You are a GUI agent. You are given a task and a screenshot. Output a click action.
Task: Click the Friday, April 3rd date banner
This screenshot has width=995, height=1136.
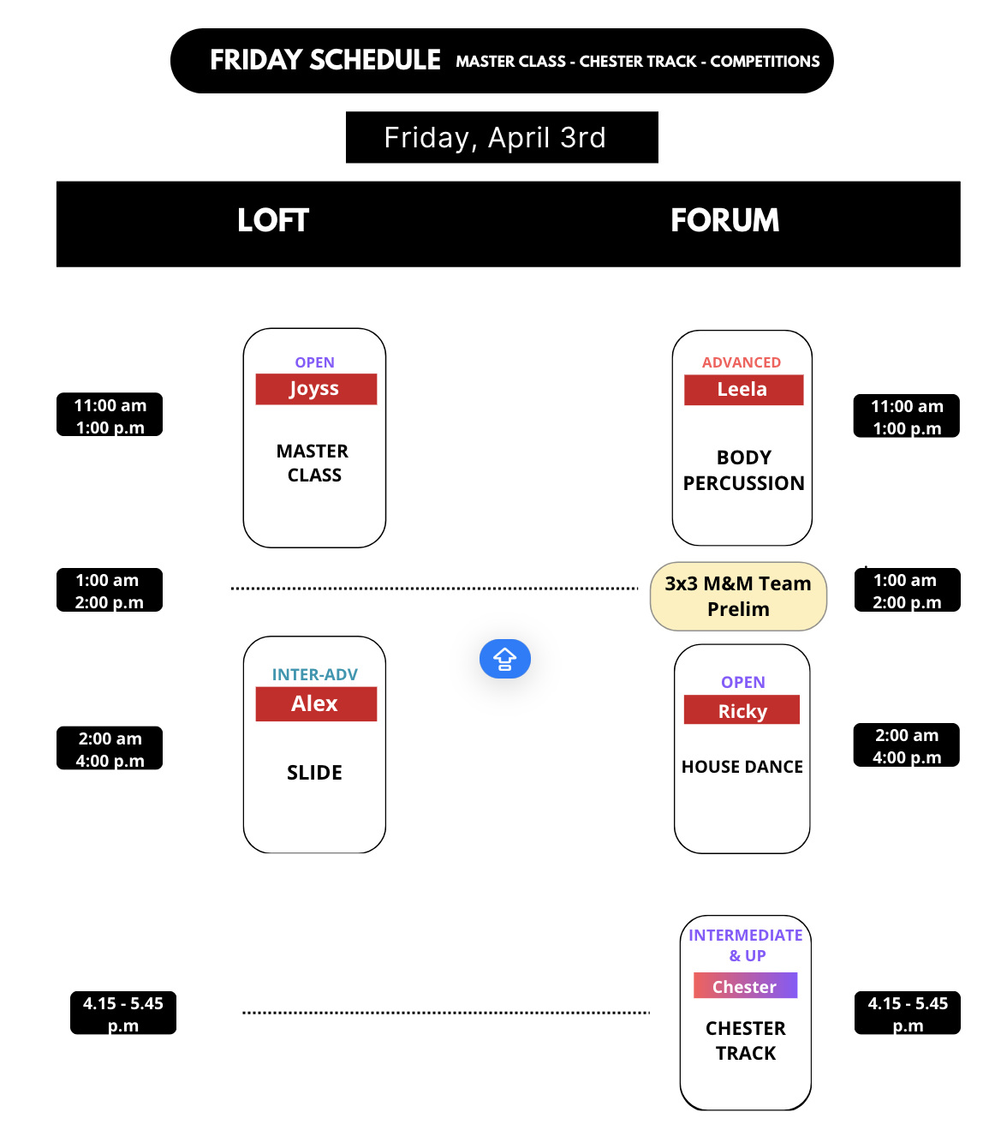pos(502,137)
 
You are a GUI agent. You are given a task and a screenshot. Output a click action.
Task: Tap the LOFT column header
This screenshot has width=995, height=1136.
pos(272,221)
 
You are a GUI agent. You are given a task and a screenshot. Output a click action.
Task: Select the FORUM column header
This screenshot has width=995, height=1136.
pos(724,221)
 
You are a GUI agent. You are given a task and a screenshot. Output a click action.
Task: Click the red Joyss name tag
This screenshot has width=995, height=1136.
pos(315,389)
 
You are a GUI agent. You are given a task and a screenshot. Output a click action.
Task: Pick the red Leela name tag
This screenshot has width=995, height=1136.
pos(742,390)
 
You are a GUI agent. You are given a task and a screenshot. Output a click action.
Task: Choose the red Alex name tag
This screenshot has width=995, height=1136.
pos(315,704)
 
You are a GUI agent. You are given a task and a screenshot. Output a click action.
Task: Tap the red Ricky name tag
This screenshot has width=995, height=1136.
pos(742,711)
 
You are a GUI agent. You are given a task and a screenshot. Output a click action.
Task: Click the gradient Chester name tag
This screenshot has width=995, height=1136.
pos(744,986)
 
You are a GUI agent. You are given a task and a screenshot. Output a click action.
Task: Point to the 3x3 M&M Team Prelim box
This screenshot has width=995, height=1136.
pos(738,596)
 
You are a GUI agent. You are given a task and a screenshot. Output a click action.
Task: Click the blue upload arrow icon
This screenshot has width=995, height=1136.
pos(504,659)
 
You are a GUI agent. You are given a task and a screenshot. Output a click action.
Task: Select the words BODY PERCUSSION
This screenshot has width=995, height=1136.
pos(743,470)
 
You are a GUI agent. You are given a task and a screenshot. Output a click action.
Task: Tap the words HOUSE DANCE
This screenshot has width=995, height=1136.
pos(742,767)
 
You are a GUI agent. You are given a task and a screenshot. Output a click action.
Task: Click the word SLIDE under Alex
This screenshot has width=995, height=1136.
pos(314,773)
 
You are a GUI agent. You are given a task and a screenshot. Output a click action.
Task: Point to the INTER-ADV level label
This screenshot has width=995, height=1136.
pos(314,674)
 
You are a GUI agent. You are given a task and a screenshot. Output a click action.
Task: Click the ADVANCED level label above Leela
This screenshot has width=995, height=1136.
pos(741,362)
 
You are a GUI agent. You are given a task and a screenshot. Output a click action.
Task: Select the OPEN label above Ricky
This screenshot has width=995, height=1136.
pos(742,682)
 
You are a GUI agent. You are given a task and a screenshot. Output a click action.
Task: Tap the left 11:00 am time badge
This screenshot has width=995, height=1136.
pos(110,416)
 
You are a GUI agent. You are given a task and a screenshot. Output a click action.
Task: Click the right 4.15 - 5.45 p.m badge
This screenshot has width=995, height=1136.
pos(907,1013)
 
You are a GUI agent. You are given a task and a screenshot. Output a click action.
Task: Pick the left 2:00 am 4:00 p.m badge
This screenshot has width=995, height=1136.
pos(110,749)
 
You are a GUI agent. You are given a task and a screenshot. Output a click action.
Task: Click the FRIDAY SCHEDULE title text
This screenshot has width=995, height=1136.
pos(325,60)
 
